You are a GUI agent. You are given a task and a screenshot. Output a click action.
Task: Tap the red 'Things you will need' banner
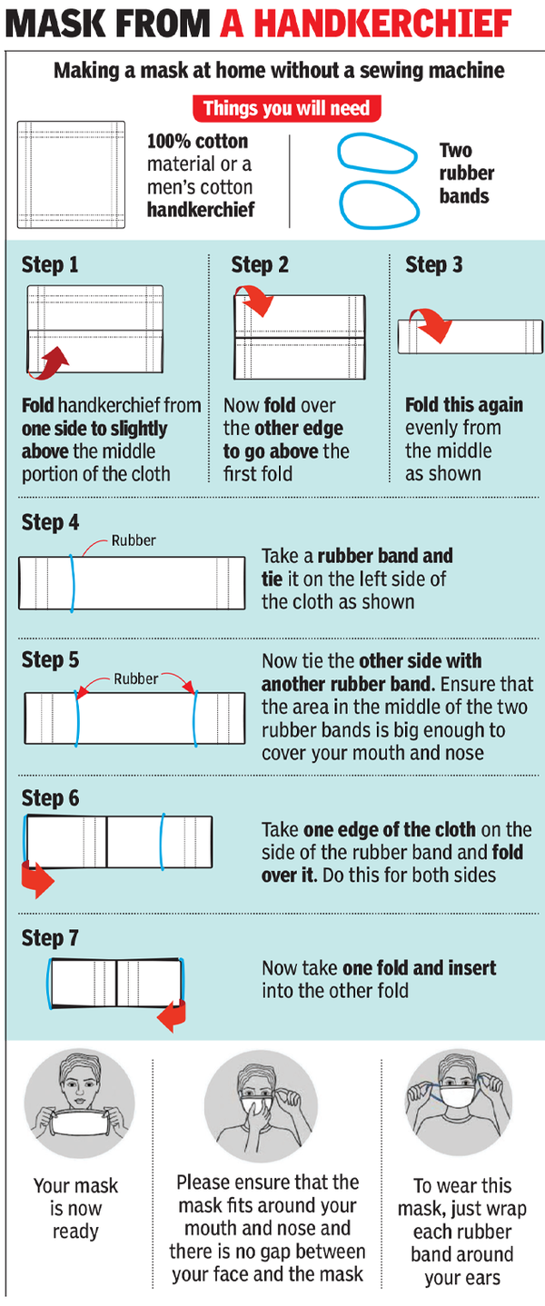[x=285, y=109]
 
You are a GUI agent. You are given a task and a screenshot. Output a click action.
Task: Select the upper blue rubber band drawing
[x=372, y=153]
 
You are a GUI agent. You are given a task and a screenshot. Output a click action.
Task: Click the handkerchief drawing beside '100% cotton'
[x=71, y=173]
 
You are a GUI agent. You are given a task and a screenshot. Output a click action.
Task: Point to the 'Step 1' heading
[x=50, y=265]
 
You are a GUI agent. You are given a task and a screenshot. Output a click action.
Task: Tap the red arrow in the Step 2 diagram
[x=255, y=300]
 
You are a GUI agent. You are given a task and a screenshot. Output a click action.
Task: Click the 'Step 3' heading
[x=433, y=265]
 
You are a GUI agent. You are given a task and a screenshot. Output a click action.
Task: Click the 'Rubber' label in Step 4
[x=133, y=540]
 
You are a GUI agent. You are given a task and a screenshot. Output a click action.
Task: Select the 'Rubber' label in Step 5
[x=135, y=678]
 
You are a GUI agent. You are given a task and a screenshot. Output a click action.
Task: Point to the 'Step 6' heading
[x=50, y=798]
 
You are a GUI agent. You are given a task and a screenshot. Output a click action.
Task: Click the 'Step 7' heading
[x=50, y=937]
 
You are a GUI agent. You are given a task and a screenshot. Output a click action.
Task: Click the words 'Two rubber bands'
[x=466, y=173]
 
